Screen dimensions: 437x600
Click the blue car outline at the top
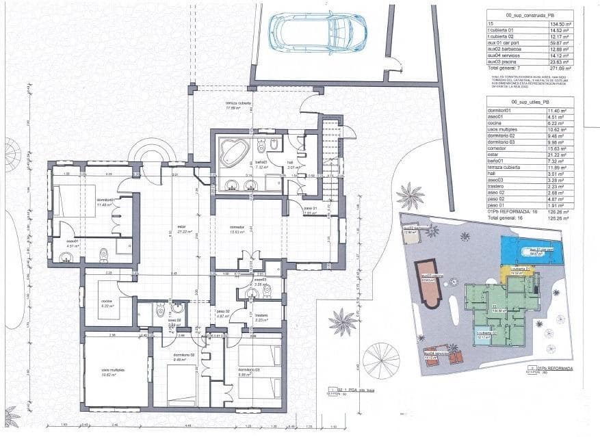317,32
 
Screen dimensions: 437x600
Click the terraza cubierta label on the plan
239,104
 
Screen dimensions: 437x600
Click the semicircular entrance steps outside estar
153,153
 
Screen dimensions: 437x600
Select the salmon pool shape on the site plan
430,282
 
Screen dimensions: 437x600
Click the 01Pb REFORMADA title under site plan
555,369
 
